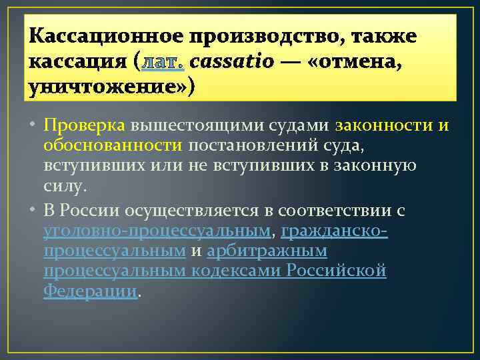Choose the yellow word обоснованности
click(113, 145)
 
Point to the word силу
click(63, 187)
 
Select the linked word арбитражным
click(267, 251)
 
